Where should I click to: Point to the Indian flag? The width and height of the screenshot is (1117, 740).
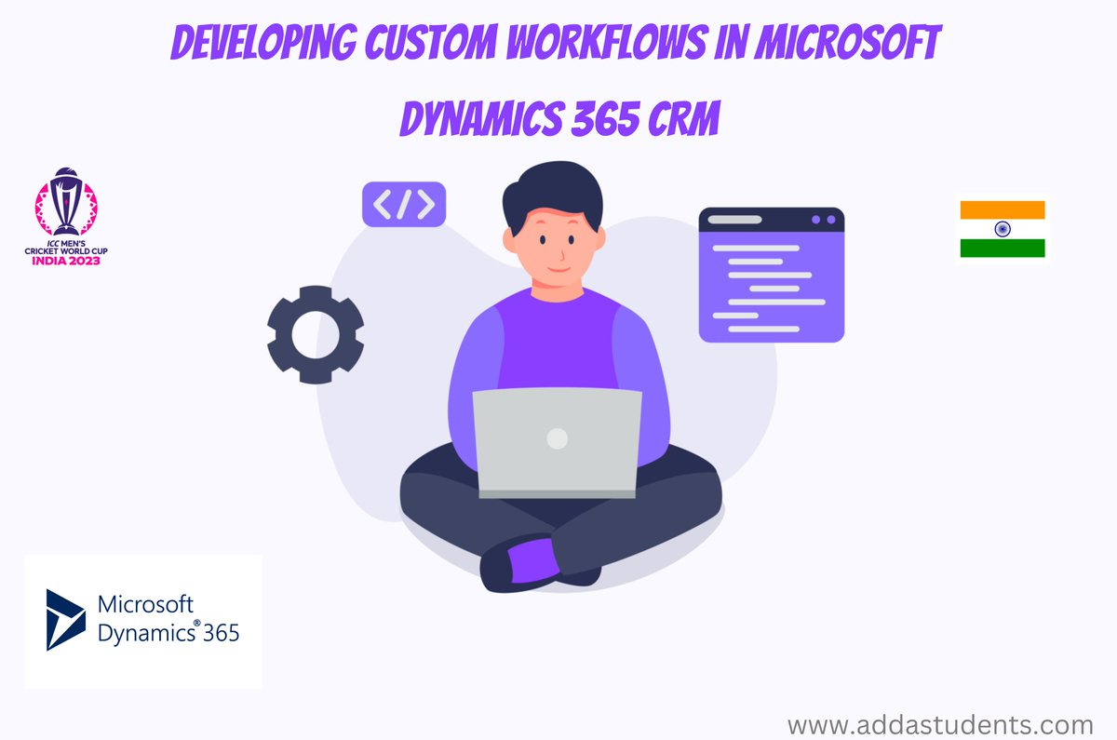pos(1003,229)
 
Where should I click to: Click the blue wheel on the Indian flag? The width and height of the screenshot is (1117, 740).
pos(1003,229)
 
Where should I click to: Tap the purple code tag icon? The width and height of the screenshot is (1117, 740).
pos(403,204)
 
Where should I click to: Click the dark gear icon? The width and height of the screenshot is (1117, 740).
pos(315,333)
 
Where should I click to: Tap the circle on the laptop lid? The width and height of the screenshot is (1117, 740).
pos(557,438)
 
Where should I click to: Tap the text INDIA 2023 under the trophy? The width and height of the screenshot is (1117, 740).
pos(66,262)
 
